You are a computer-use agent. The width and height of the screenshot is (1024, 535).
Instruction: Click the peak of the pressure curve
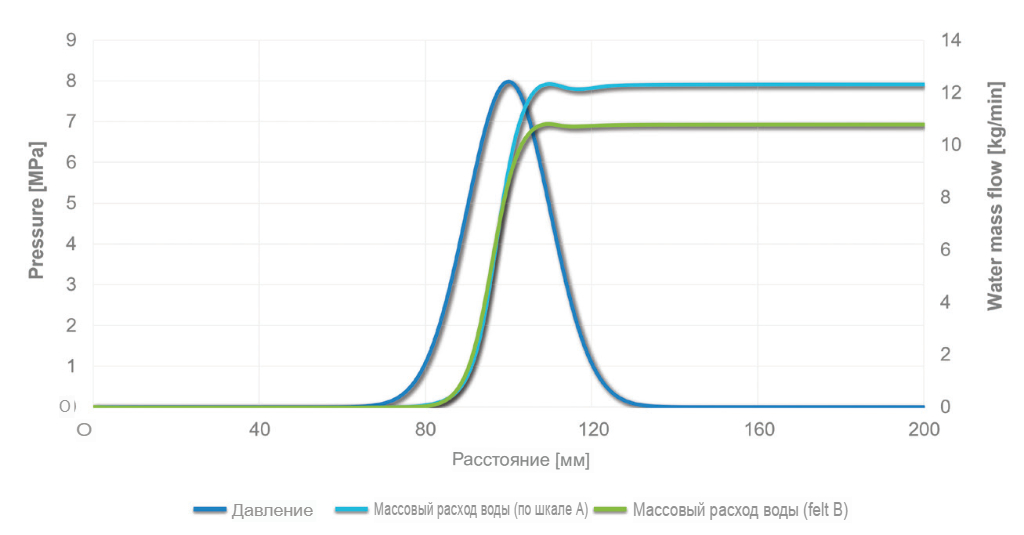[x=508, y=82]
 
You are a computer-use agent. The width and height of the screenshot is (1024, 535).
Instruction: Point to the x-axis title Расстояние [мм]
[x=521, y=461]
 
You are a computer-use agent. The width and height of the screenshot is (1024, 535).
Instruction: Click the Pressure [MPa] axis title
[x=36, y=209]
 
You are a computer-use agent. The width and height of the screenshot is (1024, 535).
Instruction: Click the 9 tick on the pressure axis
[x=70, y=40]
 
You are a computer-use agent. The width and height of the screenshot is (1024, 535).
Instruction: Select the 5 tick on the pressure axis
[x=70, y=203]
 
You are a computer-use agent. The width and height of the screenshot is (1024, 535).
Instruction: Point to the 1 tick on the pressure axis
[x=70, y=366]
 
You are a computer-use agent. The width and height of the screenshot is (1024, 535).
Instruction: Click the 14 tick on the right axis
[x=951, y=40]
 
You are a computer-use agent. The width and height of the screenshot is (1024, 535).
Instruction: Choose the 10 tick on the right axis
[x=951, y=145]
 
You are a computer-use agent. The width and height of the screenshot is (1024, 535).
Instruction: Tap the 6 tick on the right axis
[x=947, y=250]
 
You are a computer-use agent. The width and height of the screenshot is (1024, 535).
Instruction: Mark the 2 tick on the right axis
[x=947, y=355]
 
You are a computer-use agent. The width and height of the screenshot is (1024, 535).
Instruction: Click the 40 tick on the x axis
[x=259, y=430]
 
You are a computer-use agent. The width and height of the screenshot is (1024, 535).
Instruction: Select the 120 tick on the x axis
[x=591, y=430]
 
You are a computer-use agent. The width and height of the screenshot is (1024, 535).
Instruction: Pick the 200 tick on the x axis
[x=923, y=430]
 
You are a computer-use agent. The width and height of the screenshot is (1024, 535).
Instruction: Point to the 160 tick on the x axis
[x=757, y=430]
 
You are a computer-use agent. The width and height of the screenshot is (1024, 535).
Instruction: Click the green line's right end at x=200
[x=922, y=126]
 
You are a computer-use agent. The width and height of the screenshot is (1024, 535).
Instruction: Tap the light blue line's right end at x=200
[x=922, y=86]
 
